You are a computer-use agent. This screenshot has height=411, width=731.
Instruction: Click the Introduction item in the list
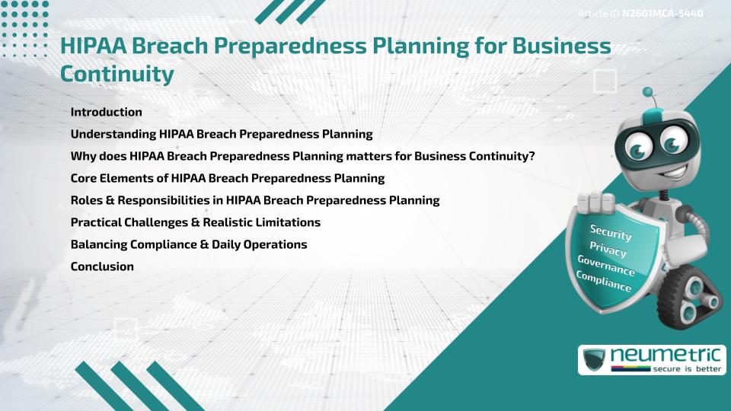106,112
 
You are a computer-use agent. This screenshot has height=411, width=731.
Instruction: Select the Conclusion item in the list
102,266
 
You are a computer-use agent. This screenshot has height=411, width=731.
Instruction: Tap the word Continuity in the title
117,74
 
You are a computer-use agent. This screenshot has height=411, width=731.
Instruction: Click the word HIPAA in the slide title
94,46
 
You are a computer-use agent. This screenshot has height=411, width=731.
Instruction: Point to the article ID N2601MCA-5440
662,14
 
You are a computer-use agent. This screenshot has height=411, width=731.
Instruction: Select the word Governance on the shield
606,266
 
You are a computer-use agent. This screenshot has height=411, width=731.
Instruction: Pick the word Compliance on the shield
604,281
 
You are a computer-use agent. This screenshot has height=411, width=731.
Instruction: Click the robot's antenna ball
648,92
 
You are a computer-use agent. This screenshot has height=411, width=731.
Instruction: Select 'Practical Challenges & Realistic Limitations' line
195,222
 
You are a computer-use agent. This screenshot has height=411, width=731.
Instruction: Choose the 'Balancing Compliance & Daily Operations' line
189,244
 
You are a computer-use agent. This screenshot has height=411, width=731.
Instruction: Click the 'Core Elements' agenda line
228,178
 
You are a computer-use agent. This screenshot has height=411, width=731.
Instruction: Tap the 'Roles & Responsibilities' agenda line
255,200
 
